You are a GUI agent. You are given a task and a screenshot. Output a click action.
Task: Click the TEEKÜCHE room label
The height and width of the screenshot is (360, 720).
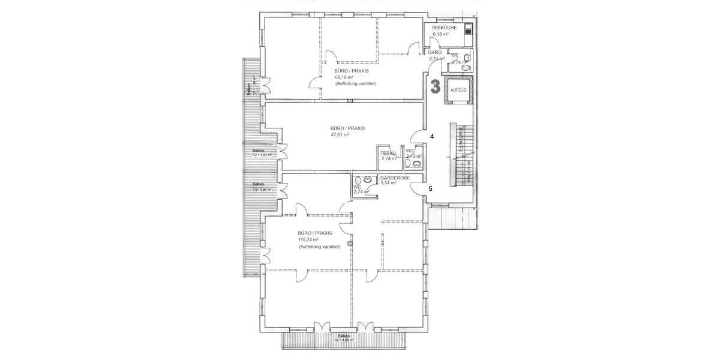pyautogui.click(x=445, y=28)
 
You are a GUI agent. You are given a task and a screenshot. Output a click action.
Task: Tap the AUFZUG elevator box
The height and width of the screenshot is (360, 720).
pyautogui.click(x=457, y=89)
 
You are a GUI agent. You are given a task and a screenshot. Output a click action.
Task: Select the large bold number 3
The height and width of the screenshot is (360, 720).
pyautogui.click(x=436, y=86)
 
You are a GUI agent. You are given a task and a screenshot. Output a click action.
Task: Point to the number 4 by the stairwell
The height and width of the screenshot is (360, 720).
pyautogui.click(x=432, y=136)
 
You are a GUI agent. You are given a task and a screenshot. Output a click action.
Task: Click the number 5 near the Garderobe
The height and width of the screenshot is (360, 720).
pyautogui.click(x=431, y=188)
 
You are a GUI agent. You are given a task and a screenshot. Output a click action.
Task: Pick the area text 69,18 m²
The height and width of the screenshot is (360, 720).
pyautogui.click(x=344, y=77)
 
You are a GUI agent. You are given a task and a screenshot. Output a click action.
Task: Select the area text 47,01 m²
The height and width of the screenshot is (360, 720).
pyautogui.click(x=340, y=135)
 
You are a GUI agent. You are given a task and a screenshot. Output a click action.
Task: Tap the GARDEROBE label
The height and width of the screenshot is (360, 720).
pyautogui.click(x=395, y=178)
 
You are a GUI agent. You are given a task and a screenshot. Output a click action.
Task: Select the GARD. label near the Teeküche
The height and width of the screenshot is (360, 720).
pyautogui.click(x=435, y=53)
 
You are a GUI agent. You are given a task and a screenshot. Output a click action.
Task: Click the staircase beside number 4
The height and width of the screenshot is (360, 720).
pyautogui.click(x=461, y=156)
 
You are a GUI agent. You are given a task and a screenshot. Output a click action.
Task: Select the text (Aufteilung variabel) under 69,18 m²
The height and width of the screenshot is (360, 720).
pyautogui.click(x=355, y=83)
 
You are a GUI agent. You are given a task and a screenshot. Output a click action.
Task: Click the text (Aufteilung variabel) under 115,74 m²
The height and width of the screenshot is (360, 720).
pyautogui.click(x=319, y=247)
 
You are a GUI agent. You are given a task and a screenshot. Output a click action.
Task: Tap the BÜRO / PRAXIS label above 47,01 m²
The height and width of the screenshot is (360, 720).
pyautogui.click(x=347, y=128)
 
